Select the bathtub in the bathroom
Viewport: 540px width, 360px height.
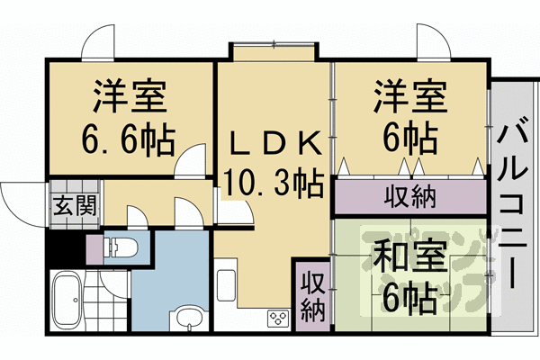point(66,302)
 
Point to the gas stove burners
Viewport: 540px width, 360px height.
point(275,319)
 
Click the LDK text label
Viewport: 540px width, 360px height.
point(274,143)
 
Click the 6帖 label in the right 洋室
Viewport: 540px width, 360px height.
point(409,137)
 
